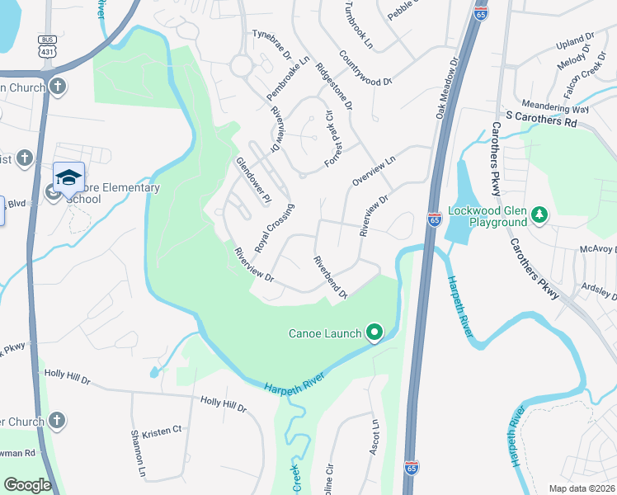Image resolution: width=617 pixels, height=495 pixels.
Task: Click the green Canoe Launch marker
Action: click(x=374, y=332)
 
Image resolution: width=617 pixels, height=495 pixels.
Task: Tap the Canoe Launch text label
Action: click(x=324, y=333)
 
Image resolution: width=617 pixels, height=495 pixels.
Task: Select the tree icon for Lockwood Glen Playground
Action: click(x=539, y=214)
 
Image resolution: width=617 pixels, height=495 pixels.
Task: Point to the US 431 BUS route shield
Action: click(x=47, y=47)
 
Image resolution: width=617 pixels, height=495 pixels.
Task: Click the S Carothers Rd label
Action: click(x=541, y=120)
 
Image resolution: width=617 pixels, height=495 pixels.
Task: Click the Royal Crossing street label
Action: click(x=274, y=228)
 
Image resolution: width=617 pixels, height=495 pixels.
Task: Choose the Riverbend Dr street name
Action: click(x=330, y=276)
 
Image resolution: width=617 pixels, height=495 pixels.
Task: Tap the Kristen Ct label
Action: click(x=162, y=431)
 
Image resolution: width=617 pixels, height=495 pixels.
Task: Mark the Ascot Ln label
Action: click(x=374, y=436)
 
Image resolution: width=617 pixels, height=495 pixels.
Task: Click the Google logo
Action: click(x=27, y=485)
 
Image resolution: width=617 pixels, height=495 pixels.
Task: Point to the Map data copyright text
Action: click(x=582, y=488)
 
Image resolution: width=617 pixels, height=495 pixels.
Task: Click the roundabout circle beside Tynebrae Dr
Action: click(x=242, y=65)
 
